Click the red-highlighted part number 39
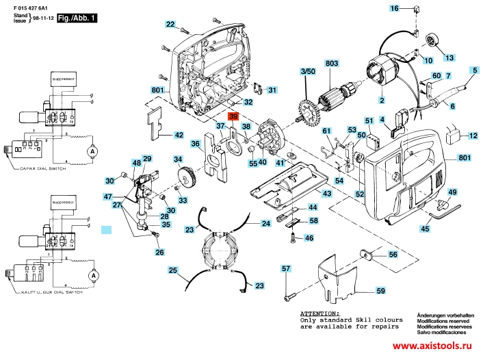pyautogui.click(x=233, y=117)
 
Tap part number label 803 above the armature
pyautogui.click(x=332, y=63)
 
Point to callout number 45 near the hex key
pyautogui.click(x=425, y=230)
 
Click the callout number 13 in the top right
pyautogui.click(x=449, y=56)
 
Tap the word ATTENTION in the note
pyautogui.click(x=321, y=312)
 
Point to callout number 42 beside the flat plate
pyautogui.click(x=179, y=136)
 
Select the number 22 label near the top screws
pyautogui.click(x=170, y=25)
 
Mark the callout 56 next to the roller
pyautogui.click(x=393, y=255)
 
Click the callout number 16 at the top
pyautogui.click(x=394, y=8)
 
